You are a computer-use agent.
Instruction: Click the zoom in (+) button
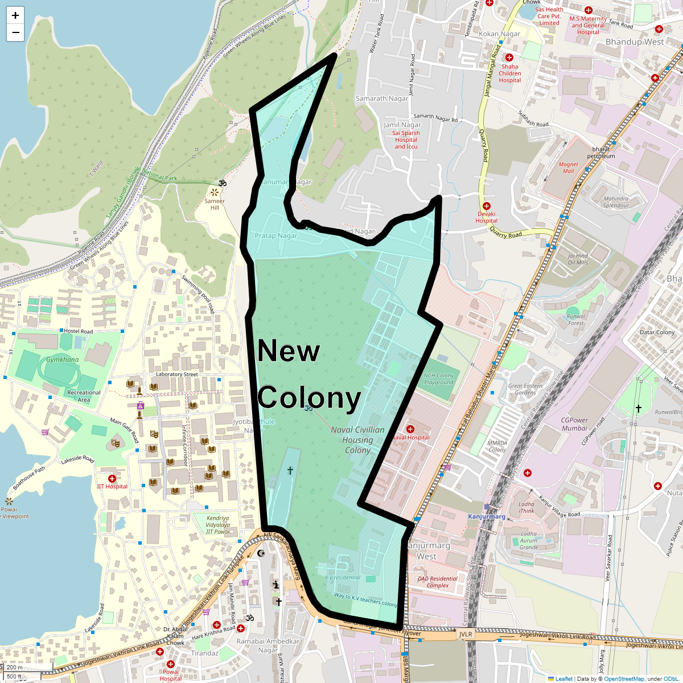point(15,15)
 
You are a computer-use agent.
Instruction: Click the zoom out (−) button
point(15,32)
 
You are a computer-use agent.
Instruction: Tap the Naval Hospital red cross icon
point(410,429)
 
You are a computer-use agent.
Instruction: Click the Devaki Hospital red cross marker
point(486,205)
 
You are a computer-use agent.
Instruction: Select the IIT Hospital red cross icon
point(112,479)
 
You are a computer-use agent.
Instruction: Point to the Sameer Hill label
point(215,204)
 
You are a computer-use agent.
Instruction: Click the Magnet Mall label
point(568,167)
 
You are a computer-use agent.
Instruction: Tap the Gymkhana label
point(63,360)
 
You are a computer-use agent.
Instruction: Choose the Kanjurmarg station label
point(487,516)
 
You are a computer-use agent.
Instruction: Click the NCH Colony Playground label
point(439,379)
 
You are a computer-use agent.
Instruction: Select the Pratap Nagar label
point(276,236)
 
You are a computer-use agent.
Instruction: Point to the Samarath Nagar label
point(382,98)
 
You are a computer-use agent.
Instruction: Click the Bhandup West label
point(635,42)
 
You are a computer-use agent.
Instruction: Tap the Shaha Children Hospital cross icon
point(509,57)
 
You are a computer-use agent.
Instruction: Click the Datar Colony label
point(657,332)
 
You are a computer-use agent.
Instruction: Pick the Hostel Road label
point(79,331)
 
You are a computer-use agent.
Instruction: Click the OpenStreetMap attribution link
point(624,678)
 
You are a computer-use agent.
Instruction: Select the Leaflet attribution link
point(564,678)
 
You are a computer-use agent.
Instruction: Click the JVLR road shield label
point(466,634)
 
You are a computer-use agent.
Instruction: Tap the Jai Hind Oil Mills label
point(578,259)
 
